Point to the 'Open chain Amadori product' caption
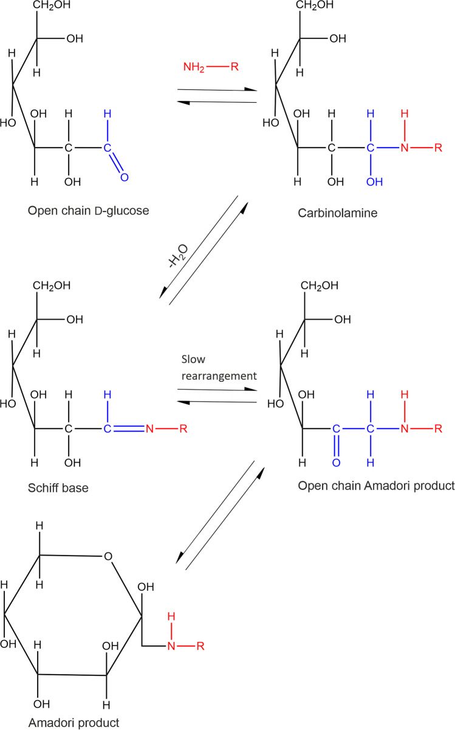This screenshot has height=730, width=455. (376, 486)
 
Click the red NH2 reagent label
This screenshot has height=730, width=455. (194, 66)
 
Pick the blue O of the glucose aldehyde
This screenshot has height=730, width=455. (125, 177)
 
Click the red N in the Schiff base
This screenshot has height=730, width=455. (149, 429)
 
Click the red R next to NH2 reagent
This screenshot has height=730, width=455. (234, 66)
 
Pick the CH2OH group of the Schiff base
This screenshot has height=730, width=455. (53, 285)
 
